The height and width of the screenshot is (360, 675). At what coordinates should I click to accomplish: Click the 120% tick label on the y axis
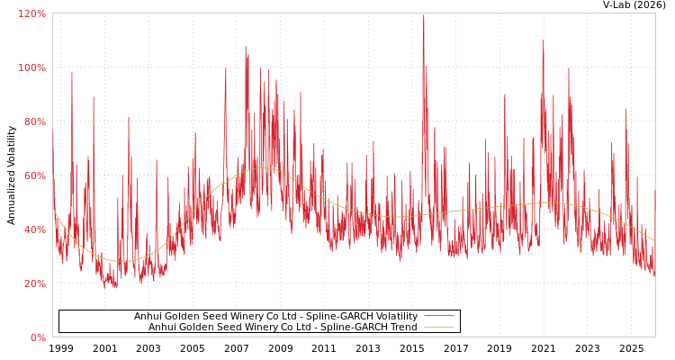coord(31,13)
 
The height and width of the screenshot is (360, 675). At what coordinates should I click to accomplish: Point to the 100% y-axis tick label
coord(31,67)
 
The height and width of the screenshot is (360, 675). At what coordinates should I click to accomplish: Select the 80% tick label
coord(33,121)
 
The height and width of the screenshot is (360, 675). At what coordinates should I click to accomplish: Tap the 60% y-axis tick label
coord(33,175)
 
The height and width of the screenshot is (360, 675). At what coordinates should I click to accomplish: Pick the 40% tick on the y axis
coord(33,229)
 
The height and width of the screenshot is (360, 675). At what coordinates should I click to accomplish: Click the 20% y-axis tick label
coord(33,283)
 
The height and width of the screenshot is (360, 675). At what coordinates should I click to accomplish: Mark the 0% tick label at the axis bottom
coord(37,337)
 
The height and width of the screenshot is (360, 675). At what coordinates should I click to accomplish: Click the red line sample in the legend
coord(438,316)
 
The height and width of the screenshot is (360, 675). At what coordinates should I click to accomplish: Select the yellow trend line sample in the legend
coord(438,327)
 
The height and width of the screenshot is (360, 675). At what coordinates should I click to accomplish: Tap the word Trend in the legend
coord(401,327)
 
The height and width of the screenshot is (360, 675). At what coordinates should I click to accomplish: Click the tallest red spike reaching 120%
coord(424,16)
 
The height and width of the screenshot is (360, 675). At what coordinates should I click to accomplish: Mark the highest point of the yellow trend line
coord(263,168)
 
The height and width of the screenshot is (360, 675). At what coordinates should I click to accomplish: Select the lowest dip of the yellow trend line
coord(121,261)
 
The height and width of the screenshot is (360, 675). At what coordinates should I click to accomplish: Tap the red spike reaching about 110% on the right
coord(543,41)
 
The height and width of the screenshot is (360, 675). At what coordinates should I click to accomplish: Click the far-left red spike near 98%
coord(72,74)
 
